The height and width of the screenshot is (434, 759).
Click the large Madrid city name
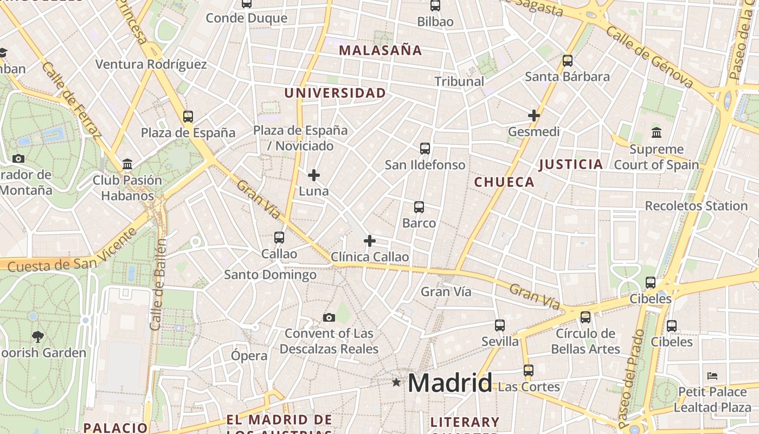click(x=450, y=383)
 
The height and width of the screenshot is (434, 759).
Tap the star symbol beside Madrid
click(x=396, y=383)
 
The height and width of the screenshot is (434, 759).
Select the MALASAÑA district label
click(x=380, y=50)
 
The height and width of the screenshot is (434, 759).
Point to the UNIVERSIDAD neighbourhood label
click(x=335, y=93)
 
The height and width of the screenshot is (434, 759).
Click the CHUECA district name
click(x=504, y=182)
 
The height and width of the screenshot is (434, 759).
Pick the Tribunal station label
click(x=459, y=81)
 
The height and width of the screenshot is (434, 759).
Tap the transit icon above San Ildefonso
click(x=425, y=149)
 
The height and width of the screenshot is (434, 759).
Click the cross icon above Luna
click(x=314, y=175)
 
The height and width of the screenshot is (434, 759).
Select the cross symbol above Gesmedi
click(x=534, y=116)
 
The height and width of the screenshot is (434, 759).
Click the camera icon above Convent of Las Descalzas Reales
click(x=329, y=318)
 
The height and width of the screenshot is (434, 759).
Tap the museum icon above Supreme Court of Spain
click(x=657, y=132)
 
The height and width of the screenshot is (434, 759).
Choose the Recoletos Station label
click(x=696, y=206)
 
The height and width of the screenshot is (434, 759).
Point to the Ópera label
click(x=249, y=356)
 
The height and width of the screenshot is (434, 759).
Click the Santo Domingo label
click(x=270, y=275)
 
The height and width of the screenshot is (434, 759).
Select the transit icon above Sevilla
click(x=500, y=325)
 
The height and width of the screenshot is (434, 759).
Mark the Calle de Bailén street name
click(x=158, y=284)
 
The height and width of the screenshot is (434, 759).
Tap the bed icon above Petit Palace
click(x=712, y=375)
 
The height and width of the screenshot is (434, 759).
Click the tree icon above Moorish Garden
click(x=37, y=337)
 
